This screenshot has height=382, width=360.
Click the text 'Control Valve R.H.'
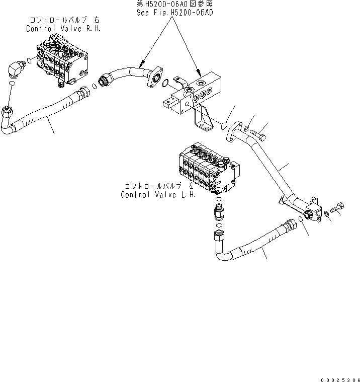coord(63,29)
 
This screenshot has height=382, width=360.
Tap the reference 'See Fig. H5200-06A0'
coord(174,13)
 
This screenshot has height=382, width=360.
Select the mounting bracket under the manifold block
coord(201,119)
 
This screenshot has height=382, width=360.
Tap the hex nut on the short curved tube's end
coord(105,81)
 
